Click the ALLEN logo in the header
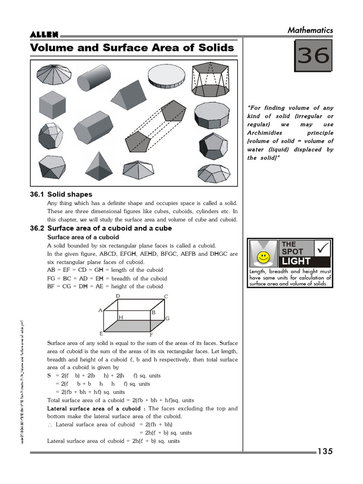44,35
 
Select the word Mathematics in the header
310,30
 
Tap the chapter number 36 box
312,56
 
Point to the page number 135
325,451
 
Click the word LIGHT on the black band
296,261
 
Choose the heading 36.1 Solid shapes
61,194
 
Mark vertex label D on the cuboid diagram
118,296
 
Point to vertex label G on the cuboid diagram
167,319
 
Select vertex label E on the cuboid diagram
101,333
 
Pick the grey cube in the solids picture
52,104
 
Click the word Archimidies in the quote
266,133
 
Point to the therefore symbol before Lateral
50,424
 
